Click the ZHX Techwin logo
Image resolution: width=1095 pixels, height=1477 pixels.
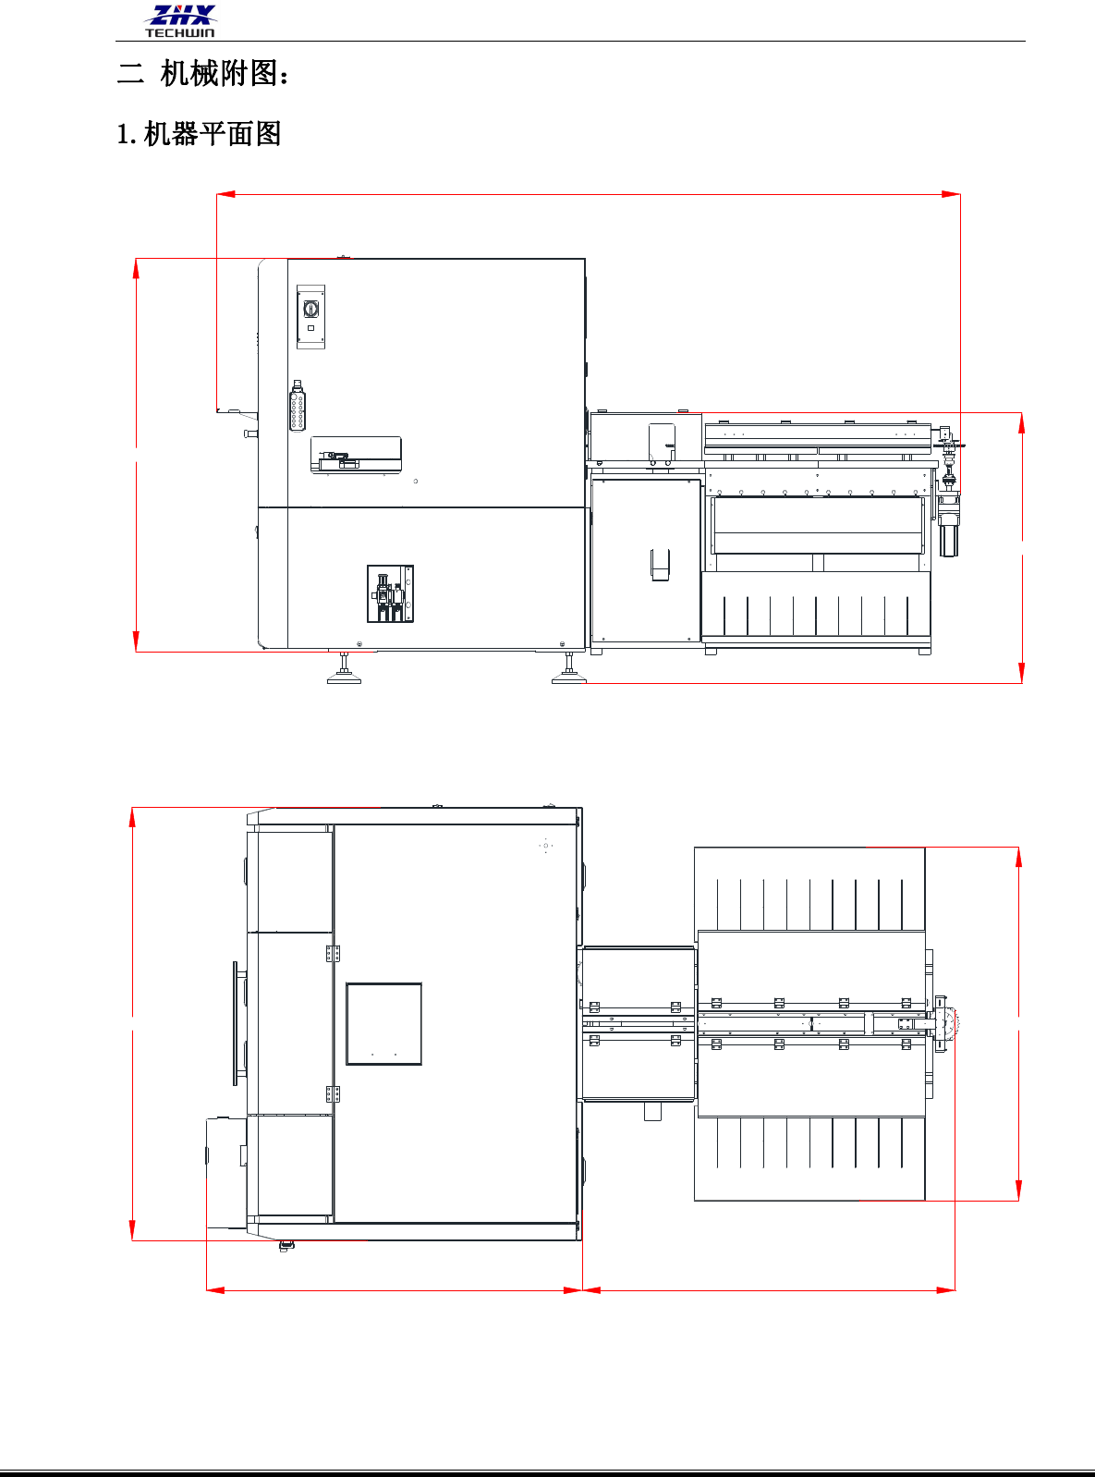point(180,21)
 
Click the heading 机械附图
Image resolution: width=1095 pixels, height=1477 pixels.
point(218,73)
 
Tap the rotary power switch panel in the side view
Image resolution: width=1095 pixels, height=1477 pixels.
point(310,317)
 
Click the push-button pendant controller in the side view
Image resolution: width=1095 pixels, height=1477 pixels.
point(297,407)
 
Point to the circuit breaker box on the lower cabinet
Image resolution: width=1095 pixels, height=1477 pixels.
point(390,594)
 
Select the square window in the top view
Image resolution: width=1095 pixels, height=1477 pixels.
point(383,1023)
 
